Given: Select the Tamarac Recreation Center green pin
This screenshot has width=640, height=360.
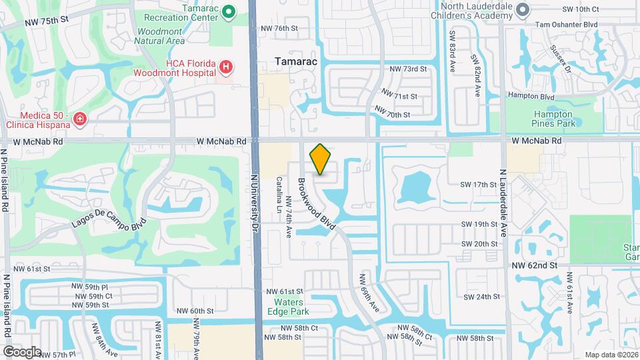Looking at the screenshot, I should (229, 11).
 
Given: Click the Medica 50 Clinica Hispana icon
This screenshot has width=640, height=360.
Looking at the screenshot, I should (80, 119).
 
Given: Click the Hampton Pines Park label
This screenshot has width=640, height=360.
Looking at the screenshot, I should (553, 119).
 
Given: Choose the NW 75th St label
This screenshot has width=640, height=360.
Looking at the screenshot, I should (47, 21).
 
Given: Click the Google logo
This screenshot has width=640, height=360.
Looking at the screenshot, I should (22, 351).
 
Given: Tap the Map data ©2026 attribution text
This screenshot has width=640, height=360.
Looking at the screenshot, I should (611, 355).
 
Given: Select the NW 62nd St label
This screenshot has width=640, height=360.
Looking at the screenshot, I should (534, 265).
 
